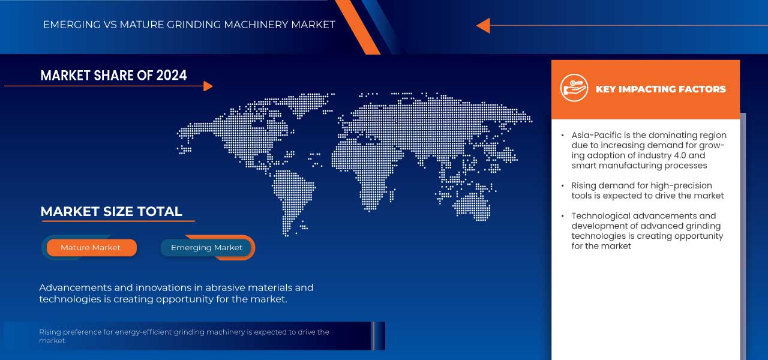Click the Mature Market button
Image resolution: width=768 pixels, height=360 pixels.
91,247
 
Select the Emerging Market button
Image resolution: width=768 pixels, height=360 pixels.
206,247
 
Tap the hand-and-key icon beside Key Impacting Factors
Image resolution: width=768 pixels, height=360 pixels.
574,89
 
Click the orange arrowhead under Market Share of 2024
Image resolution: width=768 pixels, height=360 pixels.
208,86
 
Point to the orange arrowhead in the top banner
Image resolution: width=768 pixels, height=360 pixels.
483,25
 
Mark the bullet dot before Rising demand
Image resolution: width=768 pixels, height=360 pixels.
562,185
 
